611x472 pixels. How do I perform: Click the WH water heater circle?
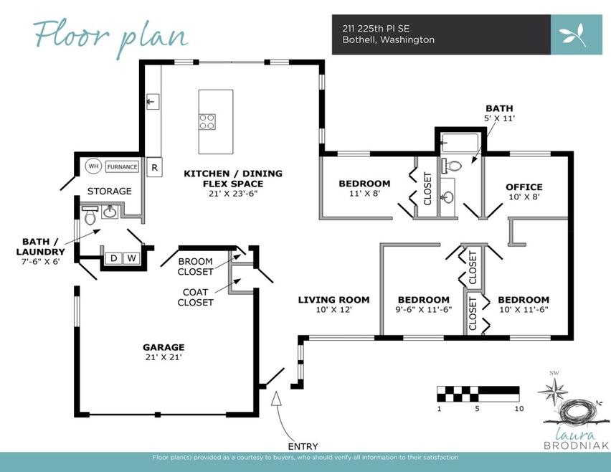[x=93, y=166]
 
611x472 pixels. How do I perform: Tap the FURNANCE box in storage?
[x=122, y=166]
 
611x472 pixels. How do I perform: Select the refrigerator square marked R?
[x=154, y=169]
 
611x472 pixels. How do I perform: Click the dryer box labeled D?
[x=113, y=258]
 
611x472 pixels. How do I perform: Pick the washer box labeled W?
[x=131, y=258]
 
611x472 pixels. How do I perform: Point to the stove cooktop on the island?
[x=207, y=122]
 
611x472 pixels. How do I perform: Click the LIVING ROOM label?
[x=333, y=300]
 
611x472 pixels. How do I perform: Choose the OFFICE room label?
[x=524, y=187]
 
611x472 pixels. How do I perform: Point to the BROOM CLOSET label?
[x=196, y=266]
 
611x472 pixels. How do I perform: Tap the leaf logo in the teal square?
[x=576, y=34]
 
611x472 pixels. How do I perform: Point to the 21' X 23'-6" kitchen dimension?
[x=233, y=193]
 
